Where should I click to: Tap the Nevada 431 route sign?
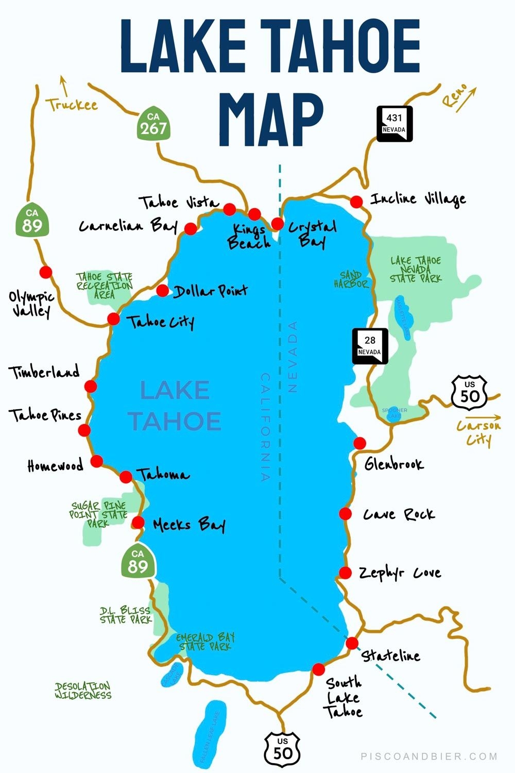click(394, 124)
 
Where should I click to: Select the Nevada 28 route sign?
click(370, 346)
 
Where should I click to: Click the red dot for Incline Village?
click(356, 201)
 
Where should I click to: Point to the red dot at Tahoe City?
click(113, 319)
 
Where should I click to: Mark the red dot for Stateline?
click(352, 643)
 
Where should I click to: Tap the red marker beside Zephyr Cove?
click(345, 573)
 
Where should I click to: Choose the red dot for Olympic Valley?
click(46, 272)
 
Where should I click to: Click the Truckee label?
click(72, 105)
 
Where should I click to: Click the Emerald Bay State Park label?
click(205, 642)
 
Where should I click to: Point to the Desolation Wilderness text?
click(83, 691)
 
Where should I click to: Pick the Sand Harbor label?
click(351, 279)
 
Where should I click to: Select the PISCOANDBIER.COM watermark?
click(429, 757)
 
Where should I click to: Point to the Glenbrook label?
click(394, 464)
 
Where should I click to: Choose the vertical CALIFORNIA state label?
click(265, 427)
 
